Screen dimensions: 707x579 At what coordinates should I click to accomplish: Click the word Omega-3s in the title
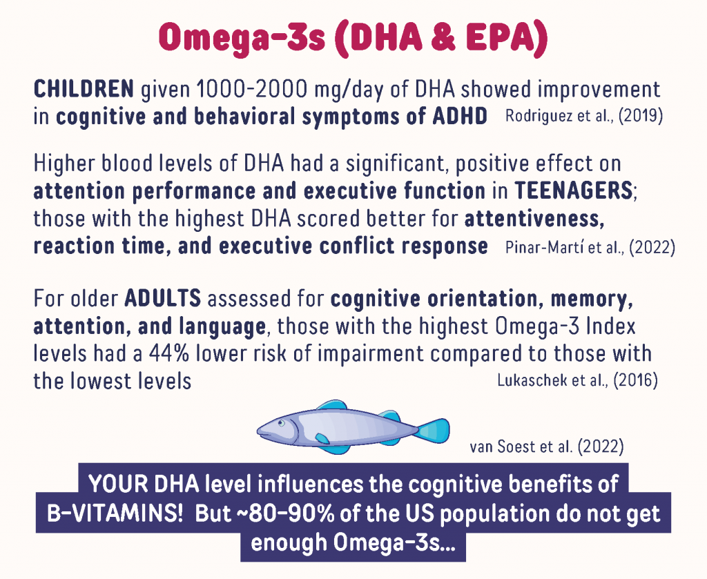[x=242, y=38]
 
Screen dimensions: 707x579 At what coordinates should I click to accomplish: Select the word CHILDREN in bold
[x=84, y=89]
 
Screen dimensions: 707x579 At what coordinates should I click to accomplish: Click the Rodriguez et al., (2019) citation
[x=584, y=116]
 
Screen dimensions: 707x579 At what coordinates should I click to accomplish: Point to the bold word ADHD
[x=460, y=116]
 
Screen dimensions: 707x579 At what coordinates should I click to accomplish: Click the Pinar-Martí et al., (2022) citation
[x=590, y=247]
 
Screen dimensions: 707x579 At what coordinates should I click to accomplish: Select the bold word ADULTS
[x=163, y=298]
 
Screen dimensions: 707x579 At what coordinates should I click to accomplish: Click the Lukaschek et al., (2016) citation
[x=578, y=380]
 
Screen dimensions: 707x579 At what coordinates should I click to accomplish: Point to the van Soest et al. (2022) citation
[x=547, y=446]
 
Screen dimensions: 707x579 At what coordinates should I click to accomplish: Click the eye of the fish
[x=282, y=423]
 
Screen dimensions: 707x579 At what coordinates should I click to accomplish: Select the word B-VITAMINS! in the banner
[x=115, y=513]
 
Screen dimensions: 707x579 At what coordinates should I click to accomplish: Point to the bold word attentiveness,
[x=535, y=219]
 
